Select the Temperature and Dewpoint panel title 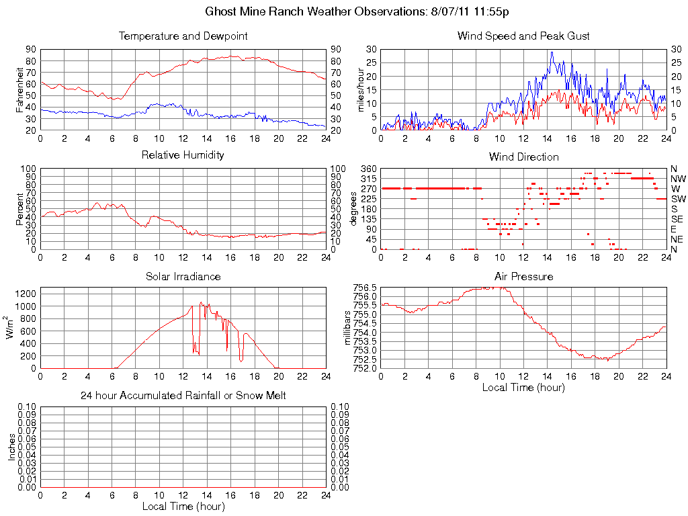[183, 36]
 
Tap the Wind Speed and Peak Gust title [523, 36]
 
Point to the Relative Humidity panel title [183, 155]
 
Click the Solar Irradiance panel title [183, 276]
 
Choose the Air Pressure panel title [523, 276]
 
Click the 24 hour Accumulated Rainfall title [183, 396]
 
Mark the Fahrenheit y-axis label [19, 89]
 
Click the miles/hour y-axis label [361, 89]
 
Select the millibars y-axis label [347, 328]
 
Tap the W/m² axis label [11, 328]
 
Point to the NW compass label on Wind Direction [677, 179]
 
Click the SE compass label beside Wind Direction [677, 219]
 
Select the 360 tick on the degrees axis [368, 168]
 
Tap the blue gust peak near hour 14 [552, 52]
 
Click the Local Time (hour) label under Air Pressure [523, 387]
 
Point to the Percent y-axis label [19, 208]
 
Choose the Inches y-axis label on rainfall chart [11, 447]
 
